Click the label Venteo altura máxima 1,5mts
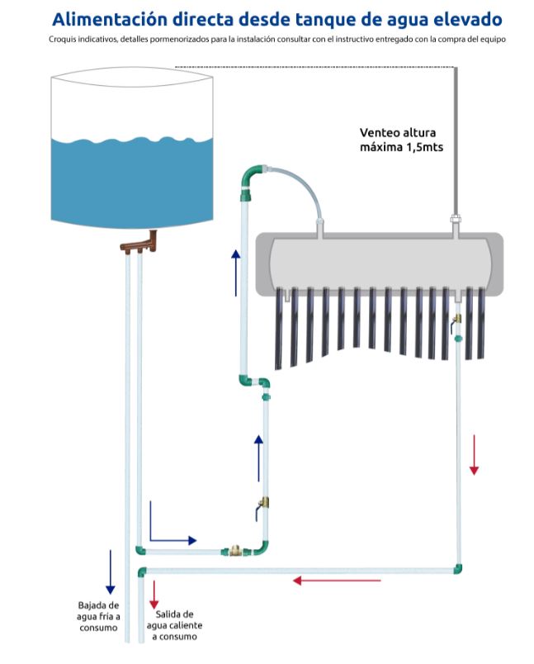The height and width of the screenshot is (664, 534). (x=403, y=140)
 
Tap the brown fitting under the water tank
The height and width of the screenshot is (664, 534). (x=139, y=243)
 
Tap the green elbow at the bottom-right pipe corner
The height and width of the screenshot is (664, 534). (x=456, y=568)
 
